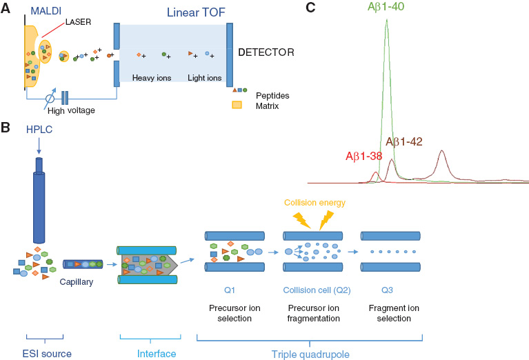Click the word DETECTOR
(x=266, y=52)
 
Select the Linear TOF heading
(x=172, y=12)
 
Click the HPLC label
(x=39, y=130)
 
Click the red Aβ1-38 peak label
(x=363, y=156)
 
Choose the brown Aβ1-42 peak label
(x=405, y=141)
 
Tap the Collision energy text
(x=315, y=203)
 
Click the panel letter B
(x=6, y=128)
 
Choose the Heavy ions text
(x=152, y=78)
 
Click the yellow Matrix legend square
(x=237, y=106)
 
